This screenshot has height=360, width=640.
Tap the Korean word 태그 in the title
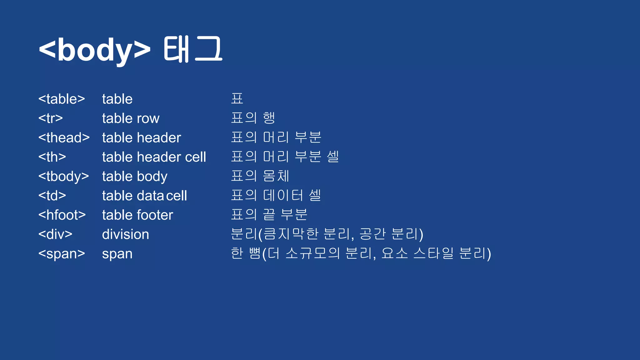[x=193, y=49]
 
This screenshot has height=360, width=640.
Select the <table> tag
[x=62, y=99]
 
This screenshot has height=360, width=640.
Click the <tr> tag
[x=51, y=118]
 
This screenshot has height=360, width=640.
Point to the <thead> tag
[x=64, y=138]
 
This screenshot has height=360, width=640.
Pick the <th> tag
[x=52, y=157]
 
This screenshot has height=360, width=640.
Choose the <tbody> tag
[x=64, y=176]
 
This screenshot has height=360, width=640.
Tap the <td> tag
[x=52, y=196]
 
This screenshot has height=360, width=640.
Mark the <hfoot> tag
[x=62, y=215]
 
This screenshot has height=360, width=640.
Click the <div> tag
[x=55, y=234]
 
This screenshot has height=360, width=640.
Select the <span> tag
[x=62, y=254]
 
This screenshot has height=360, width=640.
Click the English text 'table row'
[x=131, y=118]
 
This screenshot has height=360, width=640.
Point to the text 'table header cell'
[x=154, y=157]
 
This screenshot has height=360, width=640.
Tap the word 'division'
[x=126, y=234]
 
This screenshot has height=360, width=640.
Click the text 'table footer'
[x=137, y=215]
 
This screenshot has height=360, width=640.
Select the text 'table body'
[x=135, y=176]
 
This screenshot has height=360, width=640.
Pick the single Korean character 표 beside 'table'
[x=237, y=99]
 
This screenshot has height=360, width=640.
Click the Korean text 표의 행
[x=253, y=118]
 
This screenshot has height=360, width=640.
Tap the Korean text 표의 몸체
[x=260, y=176]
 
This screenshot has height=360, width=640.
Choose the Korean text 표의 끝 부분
[x=269, y=215]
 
